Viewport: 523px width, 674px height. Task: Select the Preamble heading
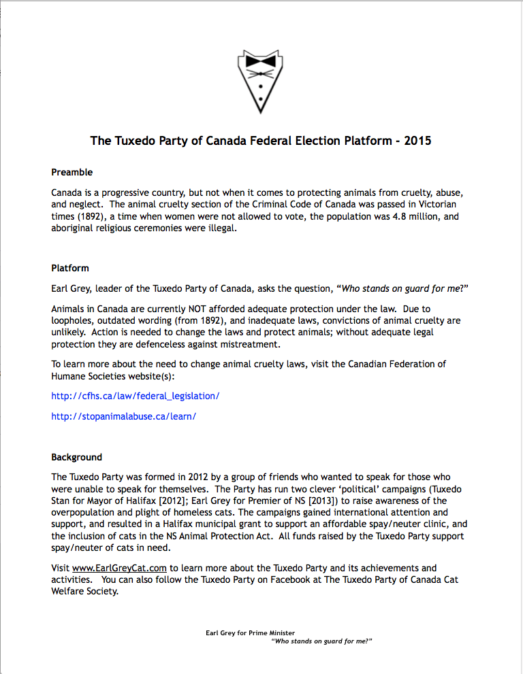(72, 172)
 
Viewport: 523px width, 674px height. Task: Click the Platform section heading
(70, 268)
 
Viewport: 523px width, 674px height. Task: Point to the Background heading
(76, 457)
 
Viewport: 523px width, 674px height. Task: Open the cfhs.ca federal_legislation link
(136, 395)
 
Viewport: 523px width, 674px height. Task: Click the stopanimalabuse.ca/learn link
(123, 416)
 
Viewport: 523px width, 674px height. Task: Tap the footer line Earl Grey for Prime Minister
(250, 633)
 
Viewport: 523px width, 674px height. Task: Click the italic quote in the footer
(322, 641)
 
